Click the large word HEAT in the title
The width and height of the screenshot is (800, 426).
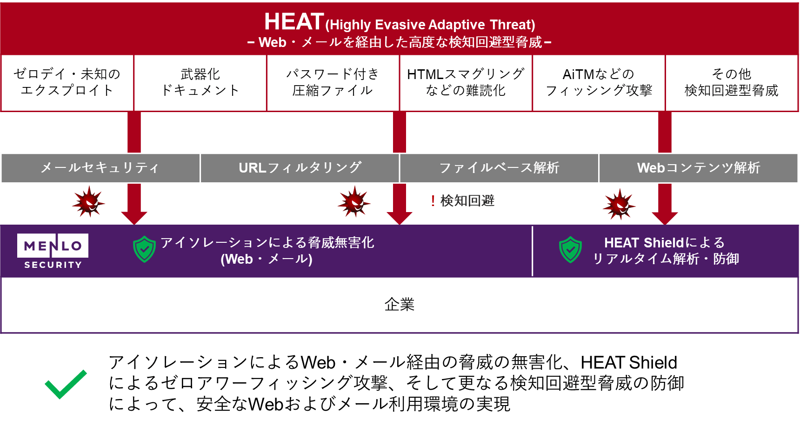coord(294,22)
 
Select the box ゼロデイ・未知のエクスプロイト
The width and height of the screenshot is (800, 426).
coord(67,83)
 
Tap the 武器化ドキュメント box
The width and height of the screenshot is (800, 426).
coord(200,83)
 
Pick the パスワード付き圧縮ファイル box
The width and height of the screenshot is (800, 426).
coord(333,83)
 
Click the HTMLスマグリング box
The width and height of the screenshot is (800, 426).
coord(466,83)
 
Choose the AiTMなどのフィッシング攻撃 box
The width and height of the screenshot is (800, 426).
coord(599,83)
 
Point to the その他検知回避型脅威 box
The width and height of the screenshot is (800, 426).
coord(732,83)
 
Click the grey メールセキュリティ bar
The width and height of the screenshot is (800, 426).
coord(100,168)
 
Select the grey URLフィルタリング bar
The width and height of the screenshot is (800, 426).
coord(300,168)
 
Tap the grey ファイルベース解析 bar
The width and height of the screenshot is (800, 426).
coord(499,168)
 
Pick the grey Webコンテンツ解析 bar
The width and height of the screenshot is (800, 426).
coord(699,168)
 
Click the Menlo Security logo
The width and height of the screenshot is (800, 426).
coord(53,251)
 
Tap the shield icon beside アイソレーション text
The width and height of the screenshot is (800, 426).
coord(145,249)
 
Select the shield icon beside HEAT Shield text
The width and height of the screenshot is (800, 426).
coord(571,249)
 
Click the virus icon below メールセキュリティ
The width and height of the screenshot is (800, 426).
coord(88,202)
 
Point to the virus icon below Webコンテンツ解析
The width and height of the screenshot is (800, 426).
coord(619,204)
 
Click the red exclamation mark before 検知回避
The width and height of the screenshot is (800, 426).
coord(433,201)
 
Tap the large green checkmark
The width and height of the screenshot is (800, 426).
coord(66,384)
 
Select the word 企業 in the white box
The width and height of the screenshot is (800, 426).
coord(400,305)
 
